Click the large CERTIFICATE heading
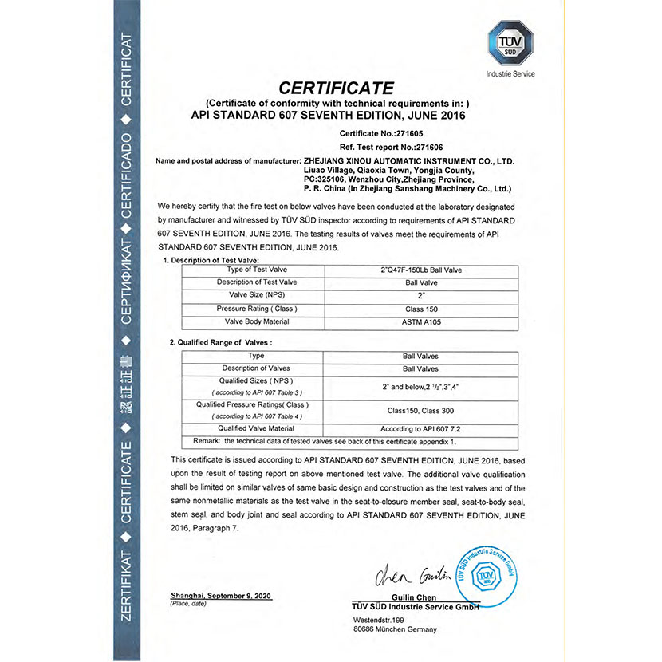pyautogui.click(x=336, y=87)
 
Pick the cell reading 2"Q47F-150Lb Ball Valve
pyautogui.click(x=421, y=270)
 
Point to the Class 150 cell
pyautogui.click(x=421, y=309)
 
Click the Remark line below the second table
pyautogui.click(x=325, y=441)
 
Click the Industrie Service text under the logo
pyautogui.click(x=510, y=74)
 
